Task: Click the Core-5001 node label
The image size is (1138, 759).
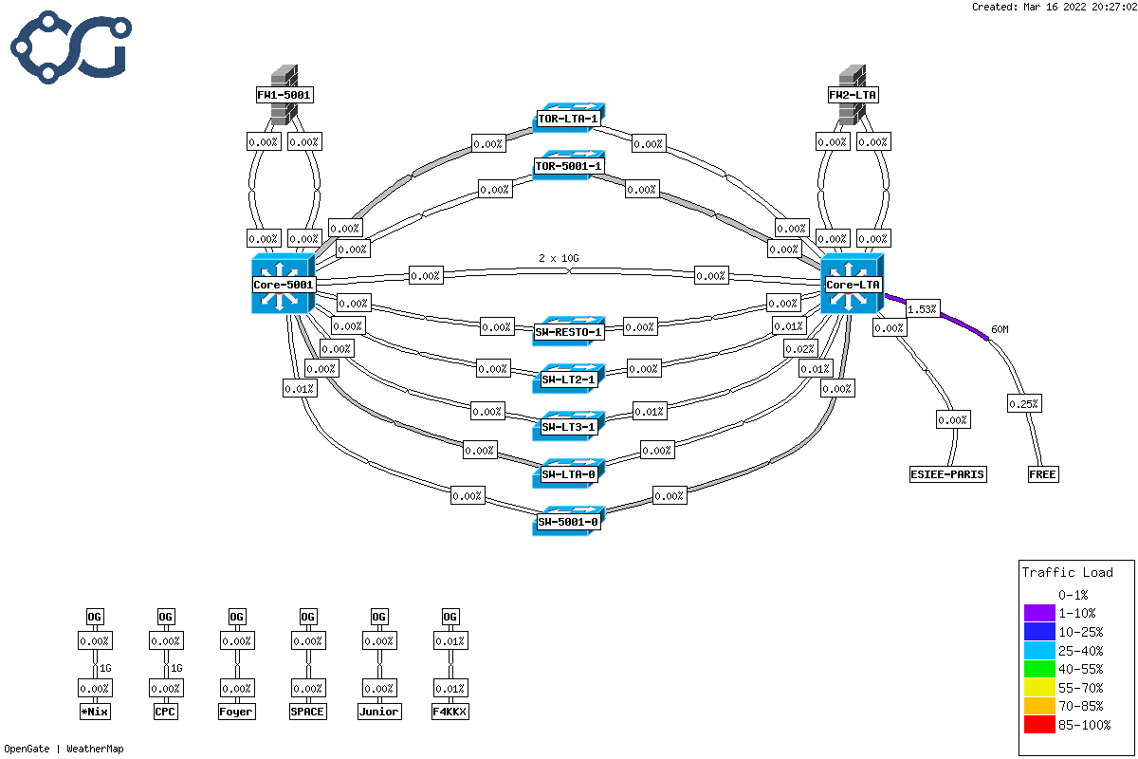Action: (284, 285)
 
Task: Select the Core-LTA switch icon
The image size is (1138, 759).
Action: (852, 283)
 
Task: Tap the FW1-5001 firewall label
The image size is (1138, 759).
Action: (284, 95)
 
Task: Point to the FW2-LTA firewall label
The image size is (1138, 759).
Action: (853, 95)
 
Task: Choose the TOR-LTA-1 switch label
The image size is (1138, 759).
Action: (568, 120)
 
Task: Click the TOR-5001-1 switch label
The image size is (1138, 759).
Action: (568, 166)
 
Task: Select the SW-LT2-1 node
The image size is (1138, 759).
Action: (568, 379)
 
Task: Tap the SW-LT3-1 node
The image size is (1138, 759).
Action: (568, 427)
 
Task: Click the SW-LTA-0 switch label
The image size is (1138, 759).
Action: (568, 474)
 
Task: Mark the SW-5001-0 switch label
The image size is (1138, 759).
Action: (568, 522)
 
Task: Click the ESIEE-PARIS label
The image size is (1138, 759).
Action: (947, 474)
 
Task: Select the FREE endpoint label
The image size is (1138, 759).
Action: (1043, 474)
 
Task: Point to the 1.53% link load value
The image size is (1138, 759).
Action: (923, 309)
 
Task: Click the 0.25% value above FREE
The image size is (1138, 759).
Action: (1023, 404)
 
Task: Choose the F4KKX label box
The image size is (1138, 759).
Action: (450, 712)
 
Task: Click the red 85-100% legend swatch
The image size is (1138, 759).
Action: (1040, 727)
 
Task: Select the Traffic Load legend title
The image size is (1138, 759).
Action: (1067, 572)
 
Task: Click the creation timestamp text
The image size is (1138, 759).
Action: (1054, 7)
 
